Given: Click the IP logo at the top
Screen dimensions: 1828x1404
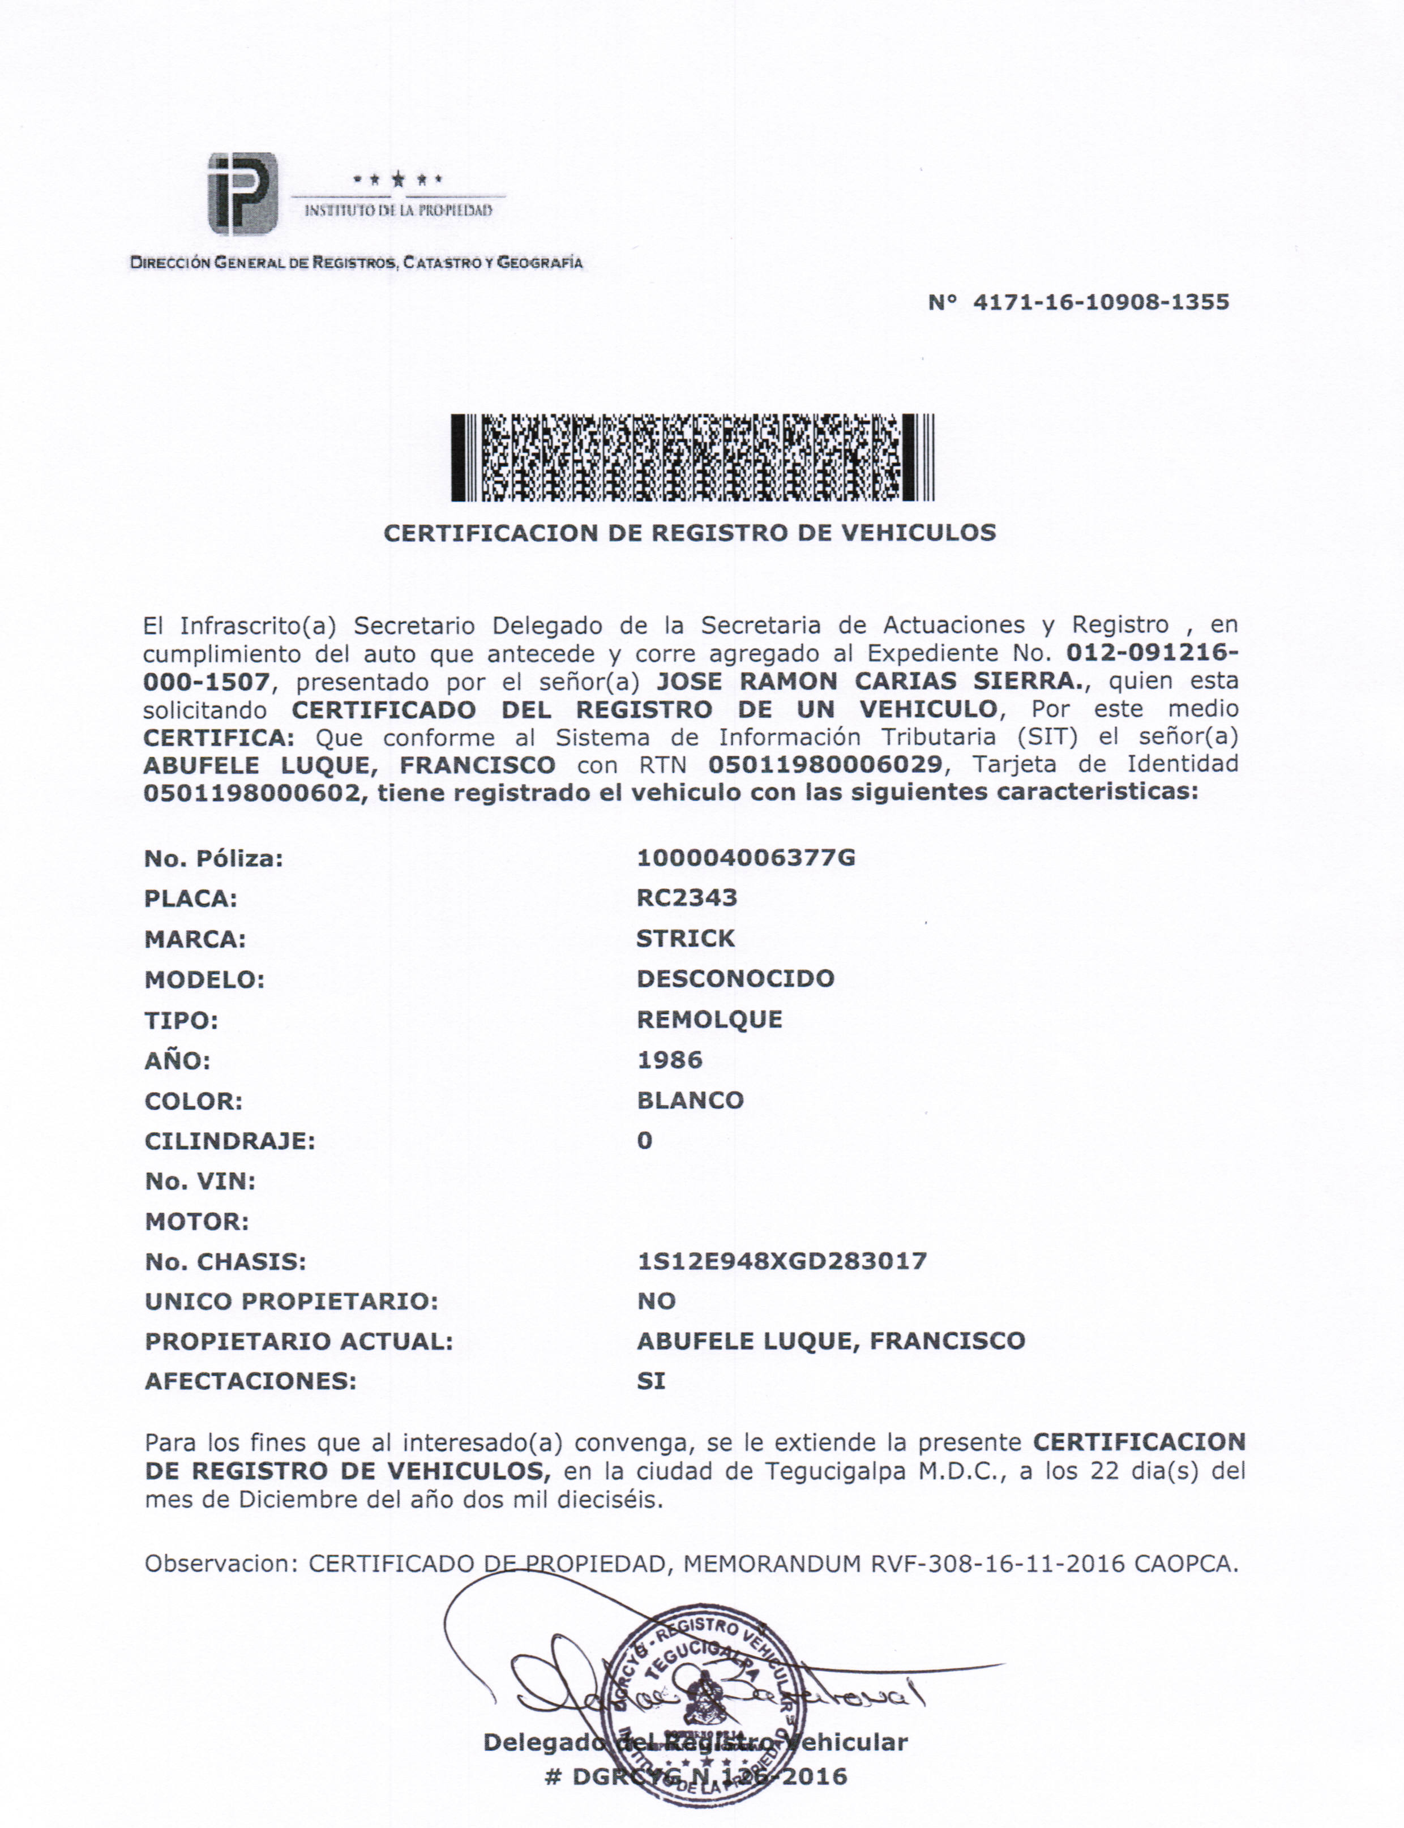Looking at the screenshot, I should pyautogui.click(x=242, y=194).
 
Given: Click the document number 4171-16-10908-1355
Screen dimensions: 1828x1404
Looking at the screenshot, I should pyautogui.click(x=1100, y=302).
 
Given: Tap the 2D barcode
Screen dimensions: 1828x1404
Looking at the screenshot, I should pyautogui.click(x=692, y=458).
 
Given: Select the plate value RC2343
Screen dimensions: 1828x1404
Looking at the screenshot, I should pyautogui.click(x=686, y=898).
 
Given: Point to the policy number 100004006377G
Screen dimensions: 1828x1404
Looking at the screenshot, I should pyautogui.click(x=746, y=858).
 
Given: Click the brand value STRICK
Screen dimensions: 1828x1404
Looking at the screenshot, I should pyautogui.click(x=685, y=938).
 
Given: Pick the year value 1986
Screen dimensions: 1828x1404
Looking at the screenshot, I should pyautogui.click(x=669, y=1060).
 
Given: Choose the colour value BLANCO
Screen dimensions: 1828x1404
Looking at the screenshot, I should pyautogui.click(x=690, y=1101).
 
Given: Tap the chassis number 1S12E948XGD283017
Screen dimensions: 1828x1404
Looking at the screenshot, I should pyautogui.click(x=781, y=1261).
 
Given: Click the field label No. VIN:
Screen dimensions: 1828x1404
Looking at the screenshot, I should pyautogui.click(x=200, y=1181).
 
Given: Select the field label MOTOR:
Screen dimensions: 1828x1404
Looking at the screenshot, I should pyautogui.click(x=196, y=1222).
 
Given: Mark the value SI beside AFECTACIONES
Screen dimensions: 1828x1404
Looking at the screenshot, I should pyautogui.click(x=651, y=1381).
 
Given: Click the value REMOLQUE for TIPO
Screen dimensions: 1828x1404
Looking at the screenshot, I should pyautogui.click(x=709, y=1019).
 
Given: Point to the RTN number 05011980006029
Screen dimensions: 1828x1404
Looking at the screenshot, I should pyautogui.click(x=825, y=764).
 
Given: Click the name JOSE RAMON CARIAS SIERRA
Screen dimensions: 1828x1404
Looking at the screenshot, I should pyautogui.click(x=868, y=681).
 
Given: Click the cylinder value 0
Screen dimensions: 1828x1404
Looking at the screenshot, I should pyautogui.click(x=644, y=1140).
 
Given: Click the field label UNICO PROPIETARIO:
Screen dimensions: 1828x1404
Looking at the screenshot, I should pyautogui.click(x=291, y=1302).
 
